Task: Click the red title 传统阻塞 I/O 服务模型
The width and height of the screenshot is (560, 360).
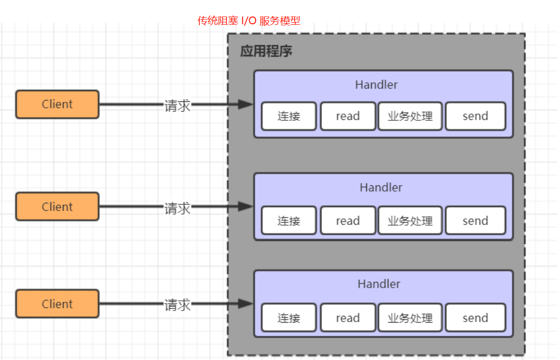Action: coord(249,21)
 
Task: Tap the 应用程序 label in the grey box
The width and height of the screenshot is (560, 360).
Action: coord(266,52)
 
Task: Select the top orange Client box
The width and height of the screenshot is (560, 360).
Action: coord(57,104)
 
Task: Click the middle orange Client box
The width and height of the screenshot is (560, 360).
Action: coord(57,207)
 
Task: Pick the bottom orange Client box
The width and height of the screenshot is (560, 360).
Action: coord(57,304)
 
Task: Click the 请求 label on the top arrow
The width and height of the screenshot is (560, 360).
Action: coord(177,105)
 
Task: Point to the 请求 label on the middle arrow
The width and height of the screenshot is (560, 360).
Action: coord(177,208)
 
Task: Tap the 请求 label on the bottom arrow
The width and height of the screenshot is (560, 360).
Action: coord(177,305)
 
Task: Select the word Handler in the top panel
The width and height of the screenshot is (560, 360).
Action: coord(376,85)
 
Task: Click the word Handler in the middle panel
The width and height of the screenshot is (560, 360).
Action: coord(381,187)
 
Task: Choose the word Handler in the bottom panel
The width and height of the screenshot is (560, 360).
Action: coord(379,284)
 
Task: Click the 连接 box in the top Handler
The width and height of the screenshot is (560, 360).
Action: coord(289,116)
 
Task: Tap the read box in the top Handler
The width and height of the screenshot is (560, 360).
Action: coord(348,116)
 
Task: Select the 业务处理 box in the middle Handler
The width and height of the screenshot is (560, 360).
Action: coord(410,221)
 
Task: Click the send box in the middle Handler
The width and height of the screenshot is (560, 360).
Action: coord(475,221)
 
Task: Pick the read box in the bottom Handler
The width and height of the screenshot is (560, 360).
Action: coord(348,318)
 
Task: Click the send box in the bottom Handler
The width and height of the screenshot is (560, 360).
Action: coord(475,318)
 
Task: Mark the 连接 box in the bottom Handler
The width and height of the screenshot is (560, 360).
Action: coord(289,318)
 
